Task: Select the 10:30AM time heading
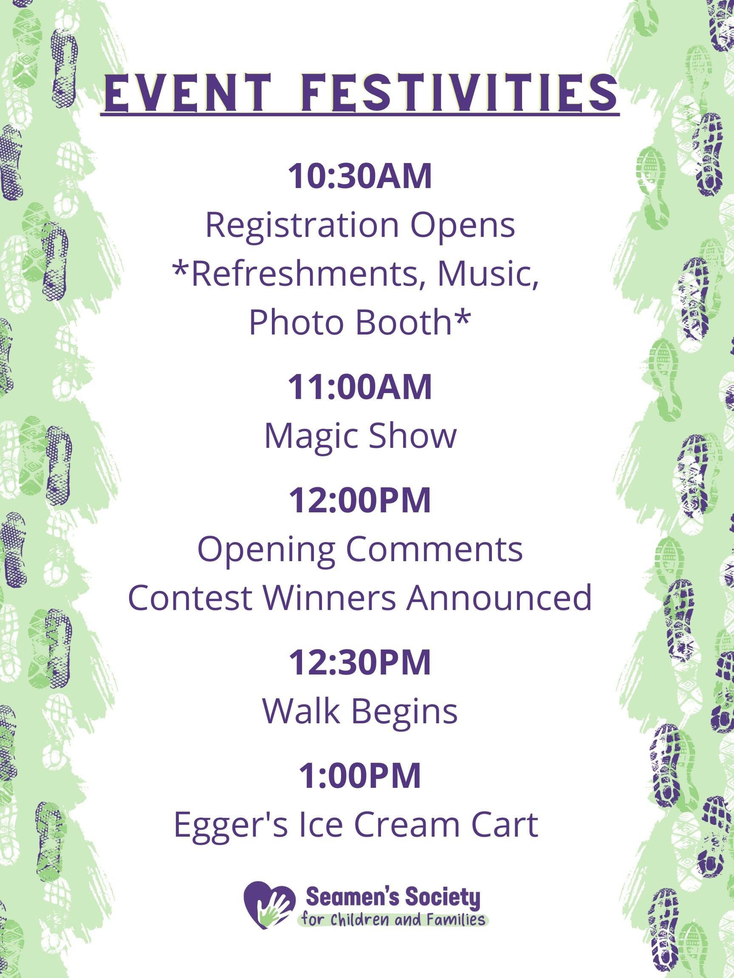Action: pyautogui.click(x=360, y=176)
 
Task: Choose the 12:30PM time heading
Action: pyautogui.click(x=360, y=662)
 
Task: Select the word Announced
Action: pyautogui.click(x=499, y=598)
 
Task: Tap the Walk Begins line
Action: pyautogui.click(x=360, y=712)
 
